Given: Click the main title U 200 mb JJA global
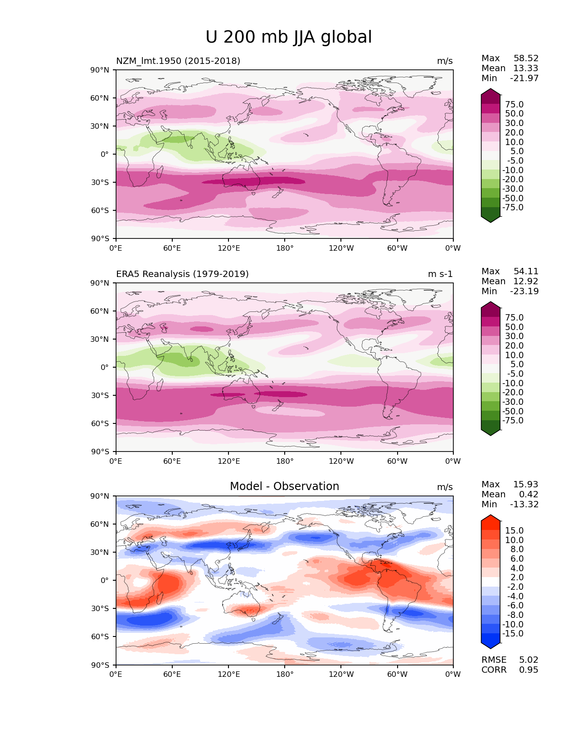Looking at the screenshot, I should coord(288,37).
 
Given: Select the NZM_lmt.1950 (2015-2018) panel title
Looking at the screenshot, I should coord(178,61).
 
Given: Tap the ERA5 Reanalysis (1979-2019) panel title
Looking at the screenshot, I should coord(182,274).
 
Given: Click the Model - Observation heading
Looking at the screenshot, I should coord(284,486).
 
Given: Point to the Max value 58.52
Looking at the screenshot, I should coord(526,58).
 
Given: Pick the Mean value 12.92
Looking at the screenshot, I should coord(526,281).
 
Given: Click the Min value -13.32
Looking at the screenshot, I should coord(525,504).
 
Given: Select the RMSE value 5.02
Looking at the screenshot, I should coord(529,660).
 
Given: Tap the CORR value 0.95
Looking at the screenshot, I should coord(529,670).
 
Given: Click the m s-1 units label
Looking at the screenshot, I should coord(440,274).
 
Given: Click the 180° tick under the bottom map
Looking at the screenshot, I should coord(285,674).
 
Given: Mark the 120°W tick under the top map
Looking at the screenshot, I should coord(341,248).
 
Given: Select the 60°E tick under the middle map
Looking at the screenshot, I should coord(172,461).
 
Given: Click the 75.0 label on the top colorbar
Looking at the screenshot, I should coord(514,105).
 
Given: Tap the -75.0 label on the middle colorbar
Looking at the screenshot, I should coord(513,420).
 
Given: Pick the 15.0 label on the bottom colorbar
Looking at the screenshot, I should coord(514,530).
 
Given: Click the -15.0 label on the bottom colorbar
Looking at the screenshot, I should coord(513,633).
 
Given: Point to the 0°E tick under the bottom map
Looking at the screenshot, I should coord(116,674).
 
